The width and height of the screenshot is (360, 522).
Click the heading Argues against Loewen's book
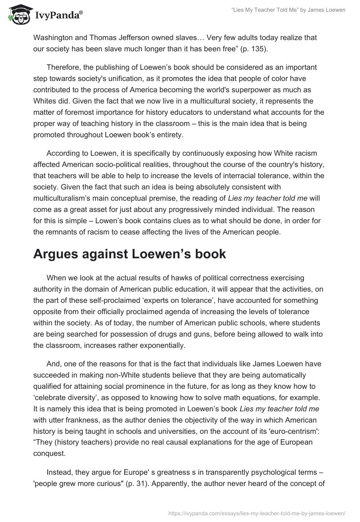[x=130, y=253]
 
